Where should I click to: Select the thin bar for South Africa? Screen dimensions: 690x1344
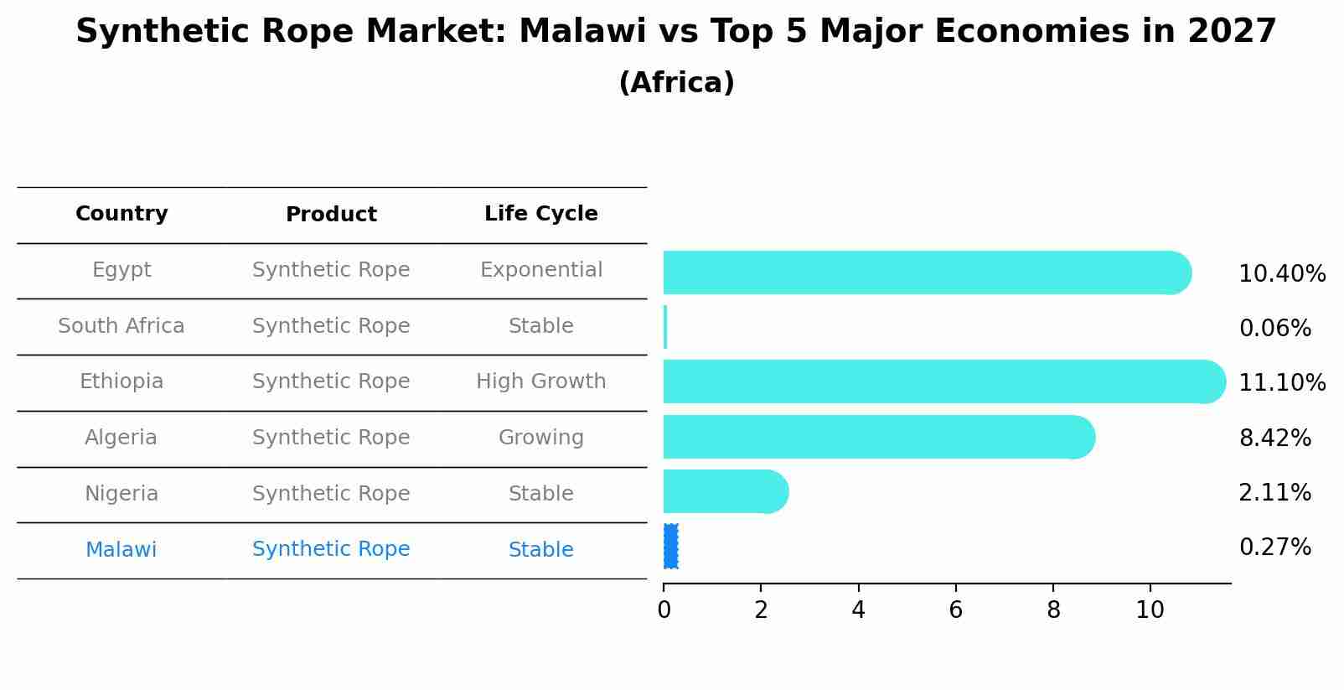point(665,327)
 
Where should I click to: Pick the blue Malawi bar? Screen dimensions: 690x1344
point(670,547)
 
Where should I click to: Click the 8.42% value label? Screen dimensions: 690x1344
point(1274,438)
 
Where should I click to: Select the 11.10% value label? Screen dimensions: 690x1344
point(1281,383)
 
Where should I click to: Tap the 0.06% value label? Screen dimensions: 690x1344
point(1274,328)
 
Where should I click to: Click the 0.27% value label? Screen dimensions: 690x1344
point(1274,547)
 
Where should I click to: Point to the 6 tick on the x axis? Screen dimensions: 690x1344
point(955,610)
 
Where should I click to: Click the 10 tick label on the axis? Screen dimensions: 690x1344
point(1150,610)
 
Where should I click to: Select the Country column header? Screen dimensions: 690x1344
point(121,214)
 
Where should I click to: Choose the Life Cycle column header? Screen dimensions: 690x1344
point(540,214)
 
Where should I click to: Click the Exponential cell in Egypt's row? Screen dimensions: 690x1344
point(540,270)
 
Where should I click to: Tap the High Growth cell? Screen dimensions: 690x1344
point(540,381)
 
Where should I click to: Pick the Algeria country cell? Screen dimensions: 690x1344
point(121,438)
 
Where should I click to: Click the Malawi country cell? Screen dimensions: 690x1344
point(121,550)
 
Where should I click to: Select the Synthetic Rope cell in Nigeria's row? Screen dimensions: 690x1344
point(331,494)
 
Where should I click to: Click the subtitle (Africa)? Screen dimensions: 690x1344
point(676,83)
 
